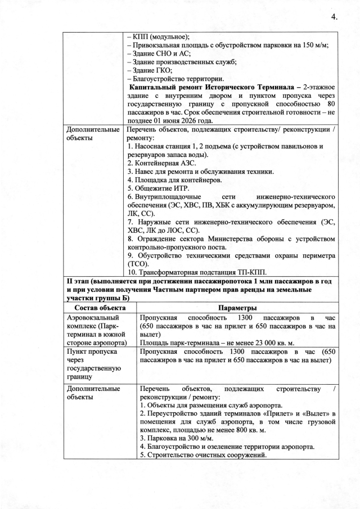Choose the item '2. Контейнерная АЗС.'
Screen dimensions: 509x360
163,163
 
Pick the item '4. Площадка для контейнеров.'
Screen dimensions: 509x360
174,179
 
